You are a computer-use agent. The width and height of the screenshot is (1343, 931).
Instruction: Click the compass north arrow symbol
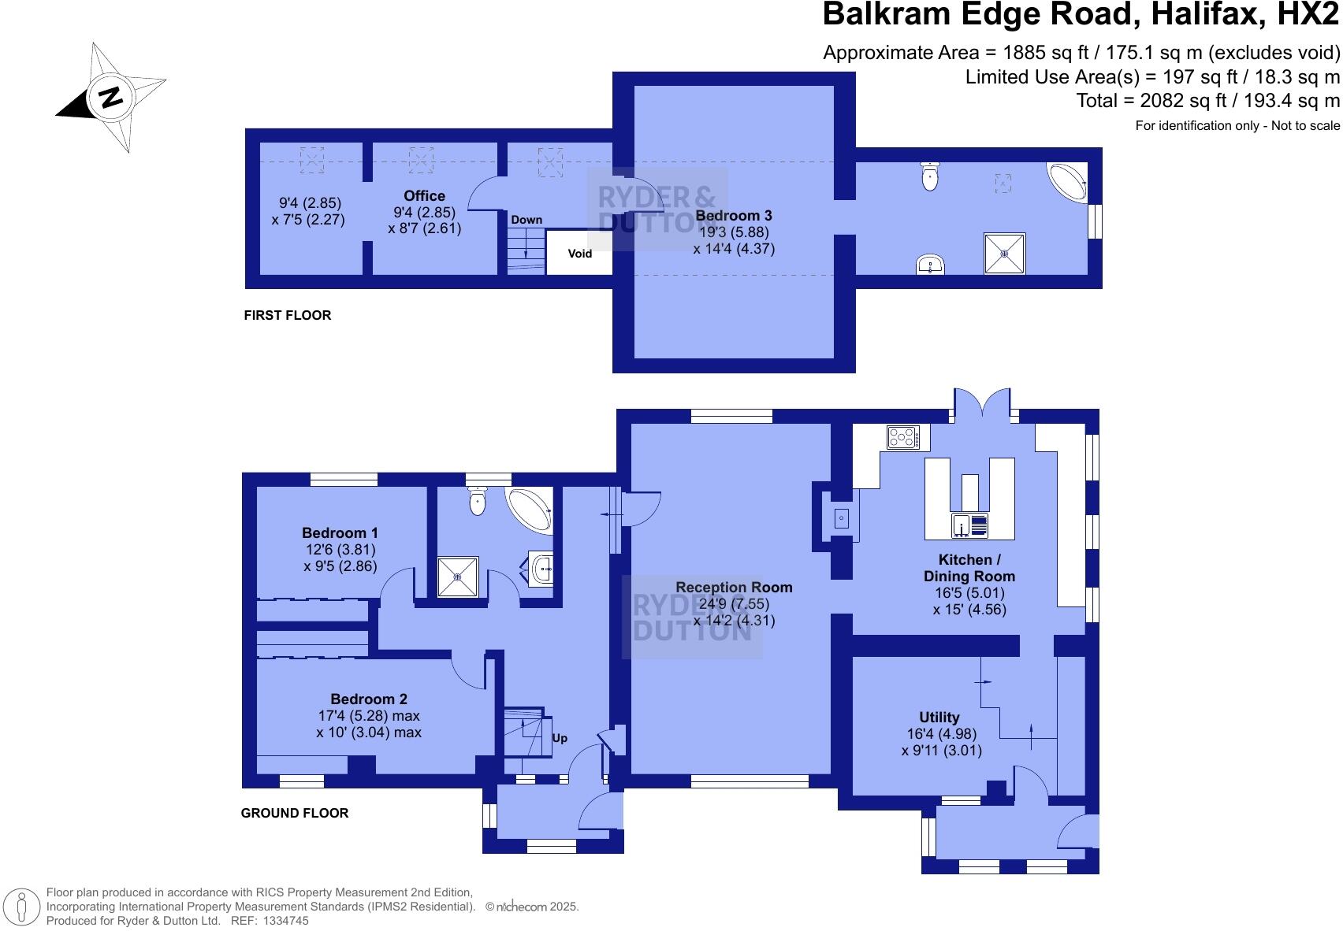tap(110, 97)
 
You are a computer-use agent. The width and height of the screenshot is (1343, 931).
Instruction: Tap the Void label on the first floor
tap(579, 254)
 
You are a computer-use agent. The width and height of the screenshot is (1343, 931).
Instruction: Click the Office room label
tap(424, 196)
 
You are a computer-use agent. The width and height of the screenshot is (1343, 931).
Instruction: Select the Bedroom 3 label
tap(733, 216)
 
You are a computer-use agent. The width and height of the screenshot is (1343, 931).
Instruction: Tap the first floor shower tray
tap(1005, 254)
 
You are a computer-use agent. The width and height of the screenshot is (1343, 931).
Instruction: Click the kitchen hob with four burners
tap(903, 437)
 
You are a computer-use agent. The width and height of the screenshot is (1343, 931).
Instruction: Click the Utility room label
tap(939, 718)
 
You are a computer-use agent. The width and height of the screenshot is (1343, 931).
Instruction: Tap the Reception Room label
tap(734, 588)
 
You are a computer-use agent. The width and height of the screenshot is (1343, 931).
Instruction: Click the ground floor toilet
tap(478, 501)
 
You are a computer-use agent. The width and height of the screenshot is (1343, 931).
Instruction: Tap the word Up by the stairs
tap(560, 739)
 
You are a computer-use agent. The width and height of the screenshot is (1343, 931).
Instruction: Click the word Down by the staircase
tap(526, 220)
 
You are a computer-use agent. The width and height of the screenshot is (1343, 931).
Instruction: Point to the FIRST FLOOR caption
tap(288, 316)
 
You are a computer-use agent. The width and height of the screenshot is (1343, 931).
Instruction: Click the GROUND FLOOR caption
tap(295, 814)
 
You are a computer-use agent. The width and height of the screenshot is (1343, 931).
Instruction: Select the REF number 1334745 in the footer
tap(287, 921)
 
